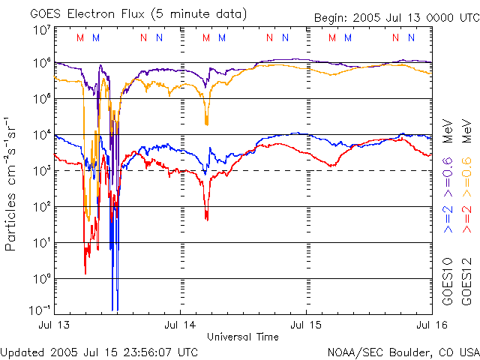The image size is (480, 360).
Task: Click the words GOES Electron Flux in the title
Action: click(78, 13)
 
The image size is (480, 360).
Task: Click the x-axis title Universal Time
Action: click(243, 337)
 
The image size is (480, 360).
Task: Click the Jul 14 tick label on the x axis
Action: click(181, 325)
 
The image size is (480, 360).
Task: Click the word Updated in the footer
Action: click(23, 351)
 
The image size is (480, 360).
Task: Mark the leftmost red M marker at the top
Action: click(80, 37)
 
